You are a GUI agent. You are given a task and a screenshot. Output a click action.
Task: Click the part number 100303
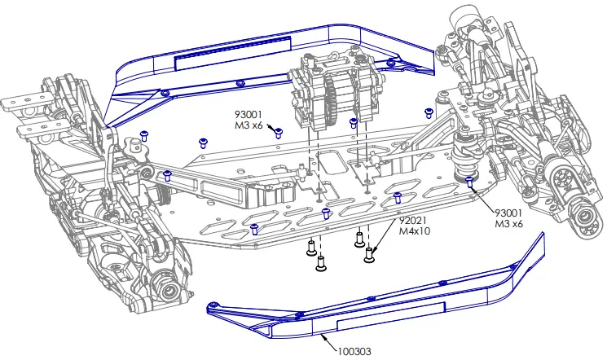[x=353, y=352]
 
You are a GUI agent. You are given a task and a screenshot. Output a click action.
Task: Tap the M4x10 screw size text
[x=416, y=231]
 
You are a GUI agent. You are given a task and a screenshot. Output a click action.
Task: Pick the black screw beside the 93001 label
[x=278, y=132]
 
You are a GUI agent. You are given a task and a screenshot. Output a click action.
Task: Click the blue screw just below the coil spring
[x=469, y=180]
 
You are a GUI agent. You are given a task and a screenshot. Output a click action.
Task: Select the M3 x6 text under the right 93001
[x=509, y=222]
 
